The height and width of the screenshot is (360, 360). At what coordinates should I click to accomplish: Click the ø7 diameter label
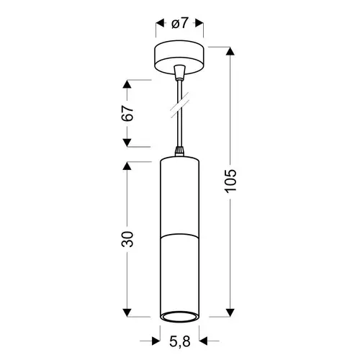tap(179, 24)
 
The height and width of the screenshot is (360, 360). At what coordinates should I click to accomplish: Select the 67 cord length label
tap(127, 113)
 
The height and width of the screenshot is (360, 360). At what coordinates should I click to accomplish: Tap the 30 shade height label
tap(127, 239)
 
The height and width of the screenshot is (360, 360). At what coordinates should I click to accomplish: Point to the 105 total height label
tap(230, 181)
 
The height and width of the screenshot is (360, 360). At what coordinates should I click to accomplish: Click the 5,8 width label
tap(180, 341)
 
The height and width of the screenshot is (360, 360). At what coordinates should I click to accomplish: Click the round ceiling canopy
tap(179, 57)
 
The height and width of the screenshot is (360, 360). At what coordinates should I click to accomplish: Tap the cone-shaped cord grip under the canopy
tap(179, 72)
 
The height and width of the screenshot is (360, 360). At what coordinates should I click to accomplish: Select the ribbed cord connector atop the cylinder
tap(179, 151)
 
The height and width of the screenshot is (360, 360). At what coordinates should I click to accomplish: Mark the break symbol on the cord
tap(179, 105)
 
